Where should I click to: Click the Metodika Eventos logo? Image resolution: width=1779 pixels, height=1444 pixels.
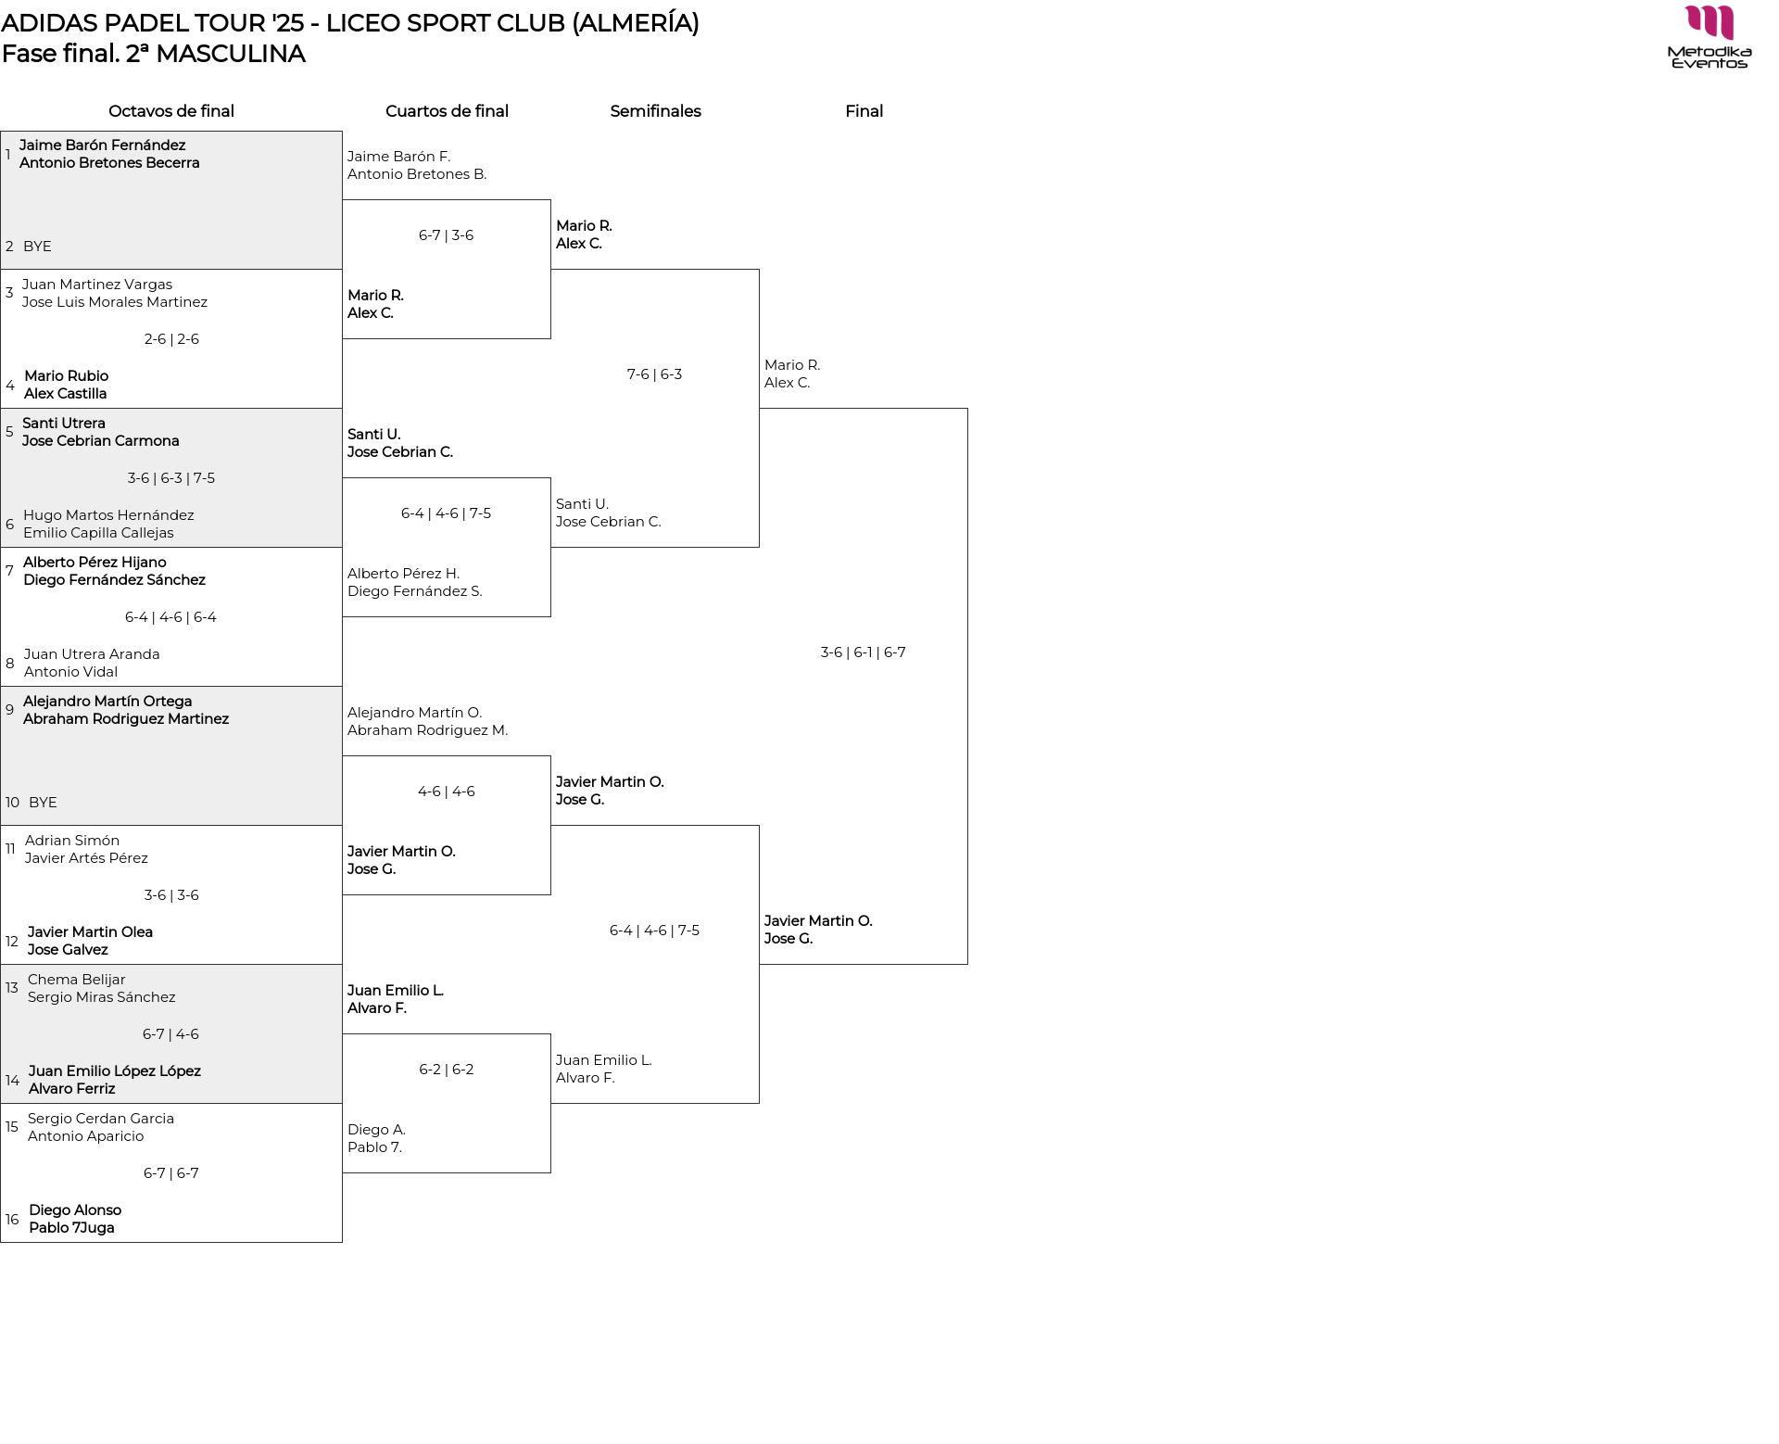pos(1709,37)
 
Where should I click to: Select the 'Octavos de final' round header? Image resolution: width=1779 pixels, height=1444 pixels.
pos(171,111)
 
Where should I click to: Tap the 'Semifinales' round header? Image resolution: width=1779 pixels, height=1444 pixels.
pos(655,111)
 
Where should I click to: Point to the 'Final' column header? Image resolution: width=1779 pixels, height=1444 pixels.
pos(864,111)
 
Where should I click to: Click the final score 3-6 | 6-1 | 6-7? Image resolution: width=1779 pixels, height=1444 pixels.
pos(863,652)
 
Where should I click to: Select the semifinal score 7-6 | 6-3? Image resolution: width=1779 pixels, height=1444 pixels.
pos(654,374)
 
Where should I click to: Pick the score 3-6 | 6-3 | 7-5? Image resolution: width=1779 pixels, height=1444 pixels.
pos(171,478)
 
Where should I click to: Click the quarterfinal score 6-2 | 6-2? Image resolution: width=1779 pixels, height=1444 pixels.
pos(446,1070)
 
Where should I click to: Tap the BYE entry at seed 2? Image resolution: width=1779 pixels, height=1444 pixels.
pos(37,247)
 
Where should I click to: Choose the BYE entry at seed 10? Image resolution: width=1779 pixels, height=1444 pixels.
pos(43,803)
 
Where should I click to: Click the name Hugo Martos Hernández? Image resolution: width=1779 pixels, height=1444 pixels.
pos(108,515)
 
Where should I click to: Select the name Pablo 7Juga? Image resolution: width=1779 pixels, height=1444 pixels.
pos(71,1228)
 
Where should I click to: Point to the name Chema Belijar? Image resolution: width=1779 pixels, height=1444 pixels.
pos(76,980)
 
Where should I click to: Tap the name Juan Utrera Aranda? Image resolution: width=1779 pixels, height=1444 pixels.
pos(92,654)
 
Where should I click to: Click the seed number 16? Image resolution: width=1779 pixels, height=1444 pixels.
pos(12,1220)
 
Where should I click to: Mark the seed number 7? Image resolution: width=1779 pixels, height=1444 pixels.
pos(9,571)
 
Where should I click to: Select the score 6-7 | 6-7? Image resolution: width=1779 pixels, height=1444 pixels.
pos(171,1173)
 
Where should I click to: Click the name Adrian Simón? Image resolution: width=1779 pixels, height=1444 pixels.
pos(72,841)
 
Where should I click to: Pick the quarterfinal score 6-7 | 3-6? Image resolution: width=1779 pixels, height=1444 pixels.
pos(446,235)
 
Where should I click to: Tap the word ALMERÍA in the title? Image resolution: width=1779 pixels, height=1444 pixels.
pos(636,23)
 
